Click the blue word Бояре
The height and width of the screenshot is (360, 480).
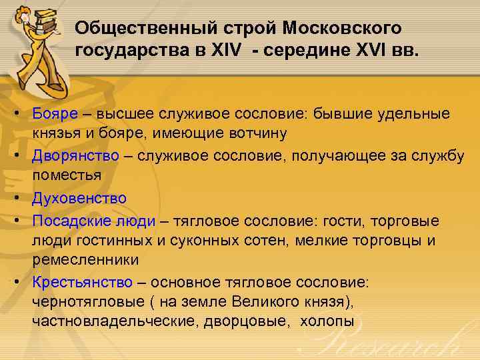(54, 115)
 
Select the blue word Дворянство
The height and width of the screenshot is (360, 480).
(75, 156)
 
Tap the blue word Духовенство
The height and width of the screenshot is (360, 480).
(79, 197)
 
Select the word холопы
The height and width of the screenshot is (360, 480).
(328, 321)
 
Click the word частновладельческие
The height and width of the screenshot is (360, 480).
(111, 321)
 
